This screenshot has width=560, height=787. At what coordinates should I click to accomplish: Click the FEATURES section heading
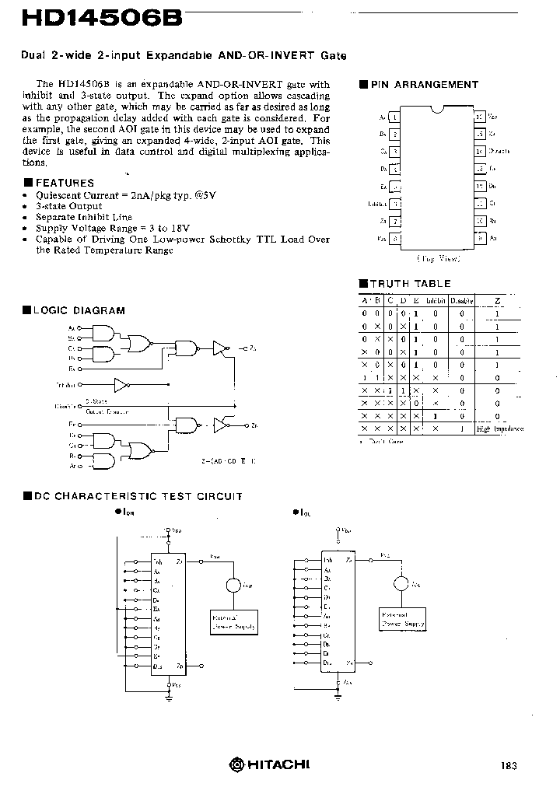point(65,183)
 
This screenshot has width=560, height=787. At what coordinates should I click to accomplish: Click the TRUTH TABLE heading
point(409,284)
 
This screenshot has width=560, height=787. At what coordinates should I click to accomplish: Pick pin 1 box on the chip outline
point(396,117)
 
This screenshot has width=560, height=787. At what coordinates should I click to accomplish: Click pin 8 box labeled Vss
point(396,239)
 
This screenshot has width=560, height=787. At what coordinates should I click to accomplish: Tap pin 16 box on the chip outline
point(480,117)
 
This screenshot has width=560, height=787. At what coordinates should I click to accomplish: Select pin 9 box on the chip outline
point(480,239)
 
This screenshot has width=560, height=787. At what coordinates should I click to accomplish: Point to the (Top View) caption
point(438,258)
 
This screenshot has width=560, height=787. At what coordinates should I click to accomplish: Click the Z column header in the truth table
point(498,300)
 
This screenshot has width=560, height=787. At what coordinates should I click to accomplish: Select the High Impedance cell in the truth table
point(499,428)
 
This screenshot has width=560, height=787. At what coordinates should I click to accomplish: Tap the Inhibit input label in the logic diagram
point(67,385)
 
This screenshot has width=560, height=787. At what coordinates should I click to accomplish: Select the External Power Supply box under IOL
point(402,620)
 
